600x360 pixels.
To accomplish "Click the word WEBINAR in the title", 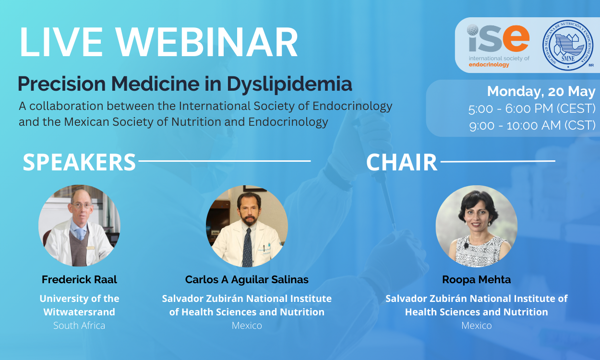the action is tap(207, 42).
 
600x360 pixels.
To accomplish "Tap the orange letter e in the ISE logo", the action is tap(516, 38).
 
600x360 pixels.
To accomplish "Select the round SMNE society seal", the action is tap(567, 45).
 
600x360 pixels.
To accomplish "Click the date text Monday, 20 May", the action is tap(541, 92).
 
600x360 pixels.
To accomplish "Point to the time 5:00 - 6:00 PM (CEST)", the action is tap(532, 109).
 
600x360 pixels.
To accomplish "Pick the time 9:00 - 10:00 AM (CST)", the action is tap(532, 125).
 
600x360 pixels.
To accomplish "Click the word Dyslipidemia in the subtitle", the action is tap(289, 84).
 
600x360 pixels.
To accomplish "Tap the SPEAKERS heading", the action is tap(79, 162).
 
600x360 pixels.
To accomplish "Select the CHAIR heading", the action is tap(402, 162).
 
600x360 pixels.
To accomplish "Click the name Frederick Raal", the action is tap(79, 280).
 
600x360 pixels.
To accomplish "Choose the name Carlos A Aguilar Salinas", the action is tap(247, 280).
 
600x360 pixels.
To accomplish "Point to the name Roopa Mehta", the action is tap(477, 280).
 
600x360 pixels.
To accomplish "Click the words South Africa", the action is tap(79, 325).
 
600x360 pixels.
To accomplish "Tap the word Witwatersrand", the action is tap(79, 312).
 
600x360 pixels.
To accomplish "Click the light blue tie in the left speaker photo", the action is tap(80, 234).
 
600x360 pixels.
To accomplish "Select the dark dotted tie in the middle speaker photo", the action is tap(248, 248).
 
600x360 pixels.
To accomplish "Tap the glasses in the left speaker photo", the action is tap(82, 206).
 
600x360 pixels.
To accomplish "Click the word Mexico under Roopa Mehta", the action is tap(477, 325).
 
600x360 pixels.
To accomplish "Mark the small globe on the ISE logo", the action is tap(472, 30).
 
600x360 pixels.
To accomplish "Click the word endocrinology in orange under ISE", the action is tap(489, 65).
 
